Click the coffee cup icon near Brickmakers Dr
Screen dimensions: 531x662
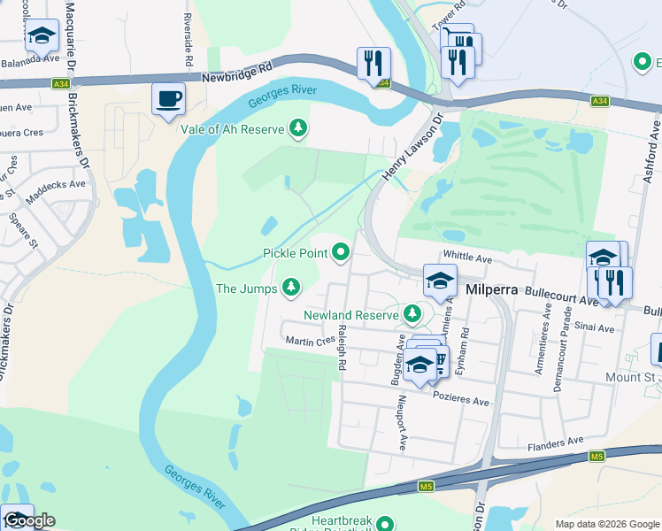(x=167, y=99)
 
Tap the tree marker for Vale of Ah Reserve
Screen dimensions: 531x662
(x=299, y=129)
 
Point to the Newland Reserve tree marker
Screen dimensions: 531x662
(x=412, y=314)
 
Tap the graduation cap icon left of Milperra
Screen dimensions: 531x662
(x=439, y=281)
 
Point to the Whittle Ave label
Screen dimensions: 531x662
(x=466, y=258)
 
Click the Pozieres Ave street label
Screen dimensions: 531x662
(x=460, y=401)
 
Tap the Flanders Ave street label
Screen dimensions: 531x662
(x=557, y=440)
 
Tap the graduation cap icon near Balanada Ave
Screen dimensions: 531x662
(x=42, y=36)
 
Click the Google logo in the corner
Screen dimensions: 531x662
(x=29, y=521)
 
